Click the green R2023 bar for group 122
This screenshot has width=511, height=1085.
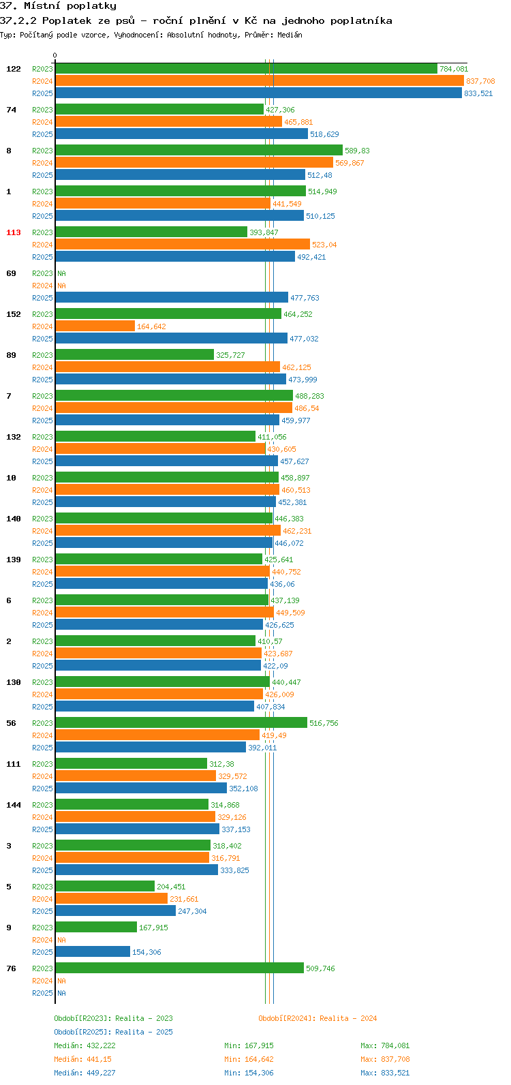coord(247,69)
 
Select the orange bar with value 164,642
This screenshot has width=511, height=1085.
coord(95,326)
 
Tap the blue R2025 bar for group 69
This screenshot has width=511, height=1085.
coord(172,298)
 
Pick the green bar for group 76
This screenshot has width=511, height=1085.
coord(180,968)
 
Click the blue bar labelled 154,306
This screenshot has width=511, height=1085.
coord(93,952)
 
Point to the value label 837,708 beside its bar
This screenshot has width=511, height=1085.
coord(480,81)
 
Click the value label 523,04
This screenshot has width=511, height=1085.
coord(324,245)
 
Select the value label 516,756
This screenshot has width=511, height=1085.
coord(324,723)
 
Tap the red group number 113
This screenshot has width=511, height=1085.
coord(14,232)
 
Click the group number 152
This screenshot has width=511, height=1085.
coord(14,314)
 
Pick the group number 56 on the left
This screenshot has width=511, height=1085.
coord(11,723)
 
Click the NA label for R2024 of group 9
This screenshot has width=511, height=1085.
coord(61,940)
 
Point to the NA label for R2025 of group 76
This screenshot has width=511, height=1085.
coord(61,993)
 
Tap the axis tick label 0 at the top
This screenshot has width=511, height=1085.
coord(55,55)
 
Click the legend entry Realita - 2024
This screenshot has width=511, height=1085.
coord(318,1018)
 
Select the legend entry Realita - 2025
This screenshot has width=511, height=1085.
coord(113,1032)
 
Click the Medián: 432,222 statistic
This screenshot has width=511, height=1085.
coord(84,1045)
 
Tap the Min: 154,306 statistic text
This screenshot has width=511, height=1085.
coord(249,1073)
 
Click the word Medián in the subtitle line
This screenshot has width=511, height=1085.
coord(290,35)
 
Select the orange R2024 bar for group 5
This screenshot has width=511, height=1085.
coord(112,899)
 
